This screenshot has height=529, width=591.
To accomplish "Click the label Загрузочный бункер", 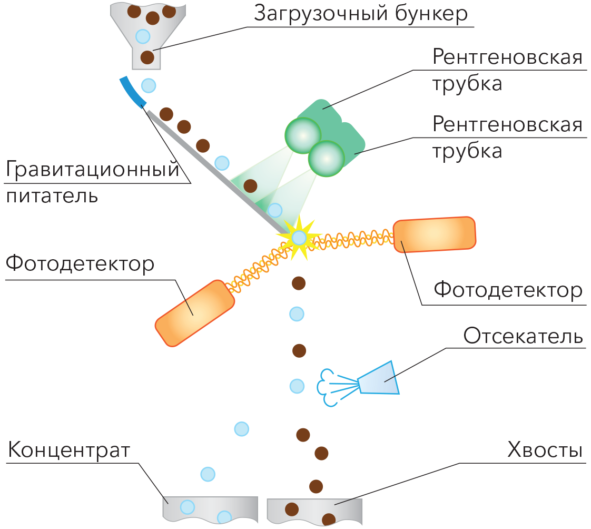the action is point(361,14).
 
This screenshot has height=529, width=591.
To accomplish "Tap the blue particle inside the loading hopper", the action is point(143,36).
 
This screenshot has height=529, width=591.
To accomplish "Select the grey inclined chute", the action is point(217,172).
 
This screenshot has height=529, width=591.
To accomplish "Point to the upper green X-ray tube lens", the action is point(303,135).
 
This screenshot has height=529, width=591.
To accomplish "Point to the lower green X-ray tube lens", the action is point(327,159).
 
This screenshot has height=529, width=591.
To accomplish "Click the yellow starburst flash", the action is point(299,238).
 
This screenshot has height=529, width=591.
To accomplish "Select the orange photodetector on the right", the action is point(434,234).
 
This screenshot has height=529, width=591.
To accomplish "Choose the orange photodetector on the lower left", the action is point(195,313).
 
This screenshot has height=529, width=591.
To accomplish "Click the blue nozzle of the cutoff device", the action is point(378,378).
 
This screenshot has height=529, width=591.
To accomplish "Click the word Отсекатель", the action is point(523,335).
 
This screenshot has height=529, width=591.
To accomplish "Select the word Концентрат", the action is point(69,450).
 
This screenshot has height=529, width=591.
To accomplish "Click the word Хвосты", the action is point(545,449).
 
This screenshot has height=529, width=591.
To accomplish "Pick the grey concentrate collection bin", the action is point(210,510).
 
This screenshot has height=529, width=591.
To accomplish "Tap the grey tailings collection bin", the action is point(314,512).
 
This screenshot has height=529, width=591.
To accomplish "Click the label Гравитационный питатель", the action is point(93,182).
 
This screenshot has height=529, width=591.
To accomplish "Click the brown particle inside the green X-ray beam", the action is point(250,185).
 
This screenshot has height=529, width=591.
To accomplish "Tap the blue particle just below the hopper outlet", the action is point(149,85).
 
